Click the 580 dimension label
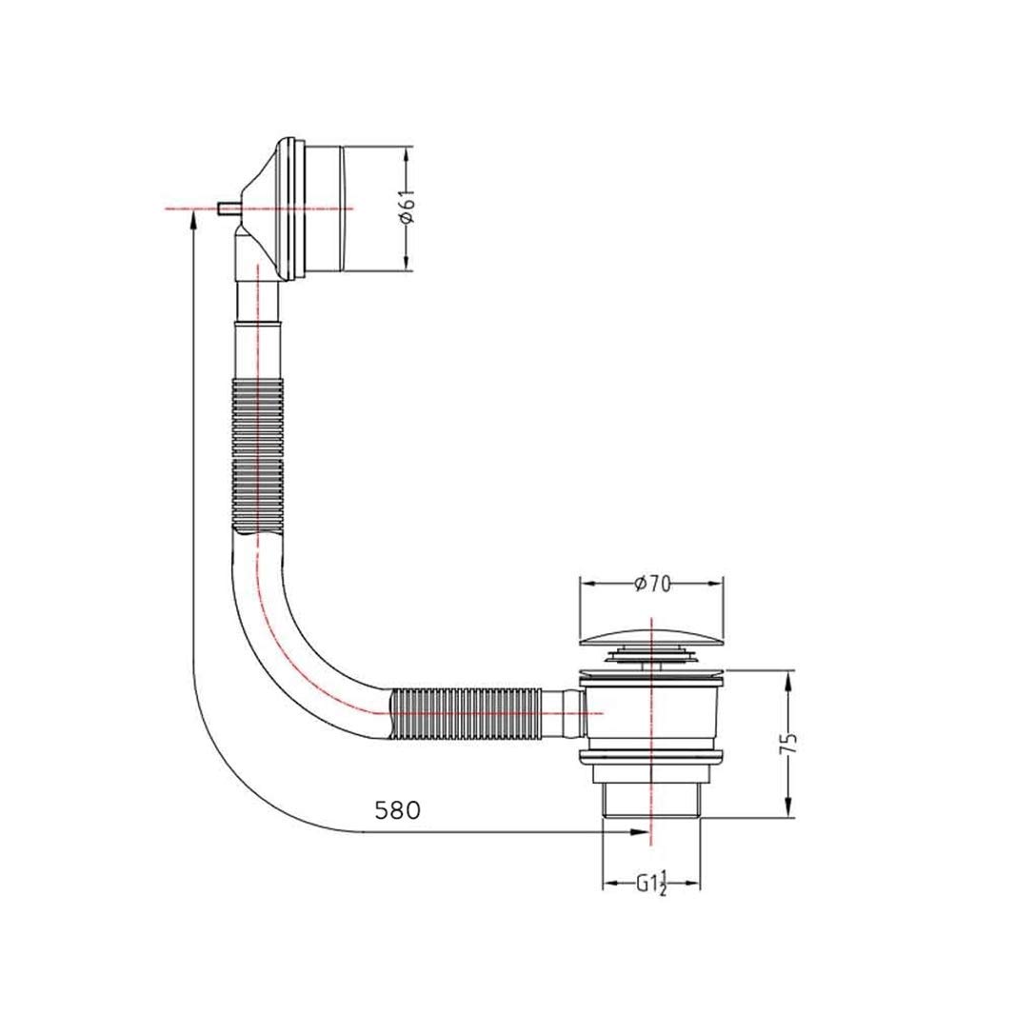tap(397, 809)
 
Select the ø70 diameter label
tap(652, 584)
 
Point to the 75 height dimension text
tap(788, 744)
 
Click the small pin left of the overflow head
tap(228, 209)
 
